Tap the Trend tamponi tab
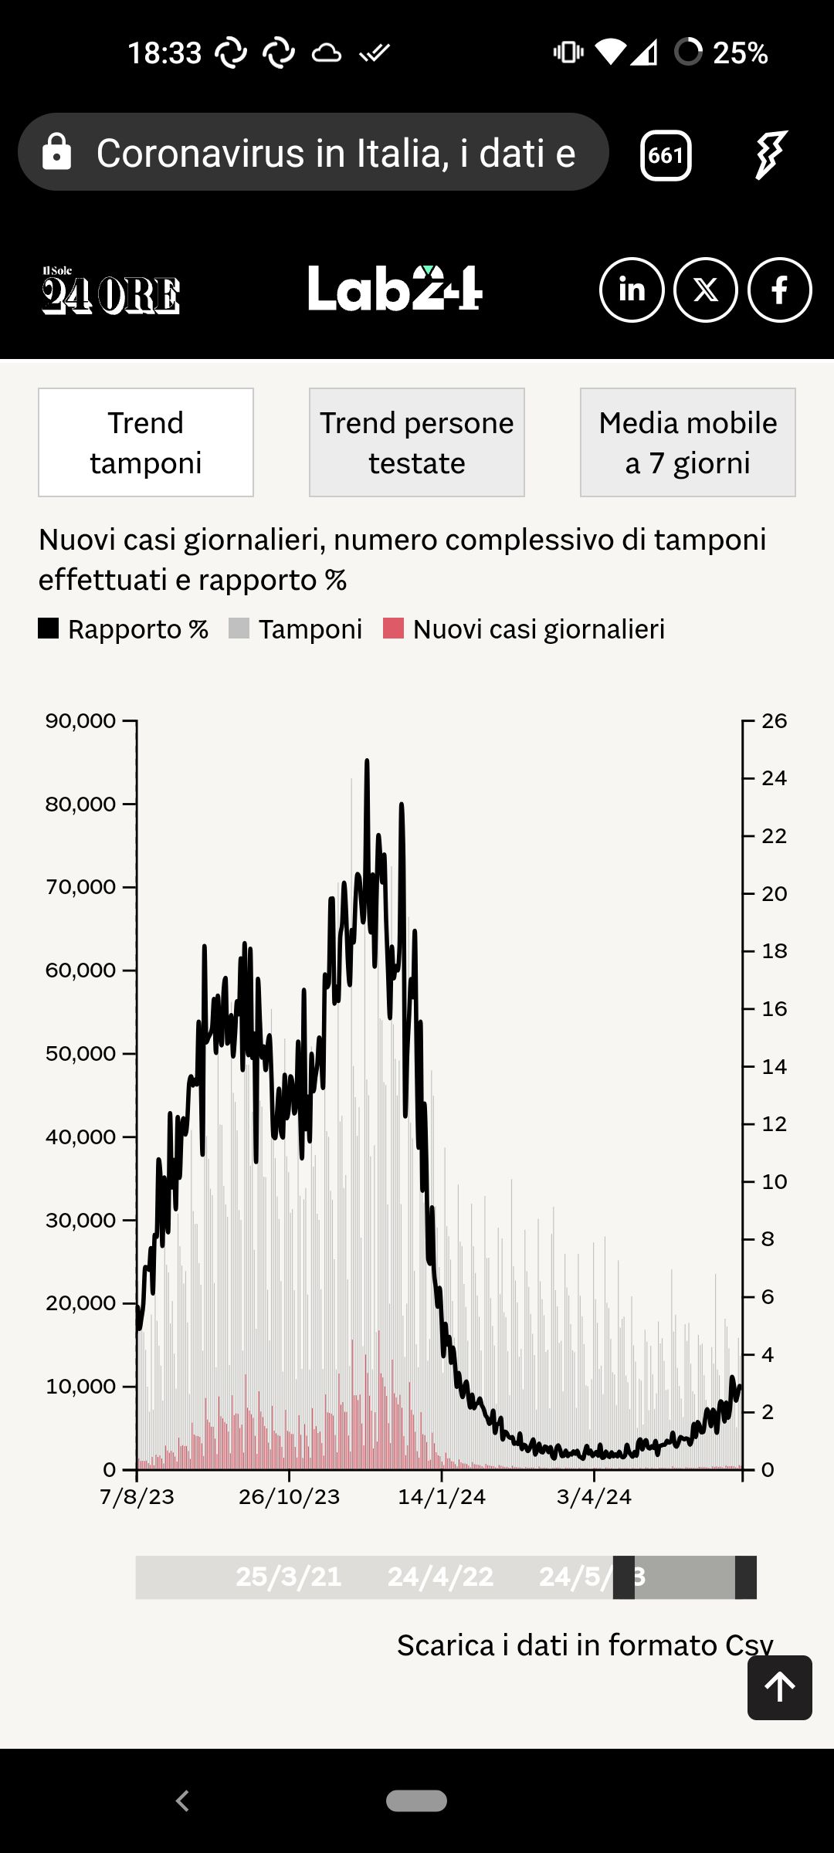point(146,442)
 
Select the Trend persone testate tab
point(417,442)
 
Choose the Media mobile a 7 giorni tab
point(687,442)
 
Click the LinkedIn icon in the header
point(632,290)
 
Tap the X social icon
point(706,290)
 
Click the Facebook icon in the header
point(780,290)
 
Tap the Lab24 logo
point(395,290)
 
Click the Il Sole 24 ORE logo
point(110,291)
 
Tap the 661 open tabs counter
point(666,155)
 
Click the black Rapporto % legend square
point(49,628)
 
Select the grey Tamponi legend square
point(239,628)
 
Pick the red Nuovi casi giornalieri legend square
point(394,628)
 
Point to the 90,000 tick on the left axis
point(80,721)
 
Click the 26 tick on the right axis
point(774,721)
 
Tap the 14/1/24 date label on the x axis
point(442,1497)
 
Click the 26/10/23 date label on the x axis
point(289,1497)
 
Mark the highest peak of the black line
point(367,761)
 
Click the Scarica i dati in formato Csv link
point(585,1645)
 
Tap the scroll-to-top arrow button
point(780,1687)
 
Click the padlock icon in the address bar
point(56,152)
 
